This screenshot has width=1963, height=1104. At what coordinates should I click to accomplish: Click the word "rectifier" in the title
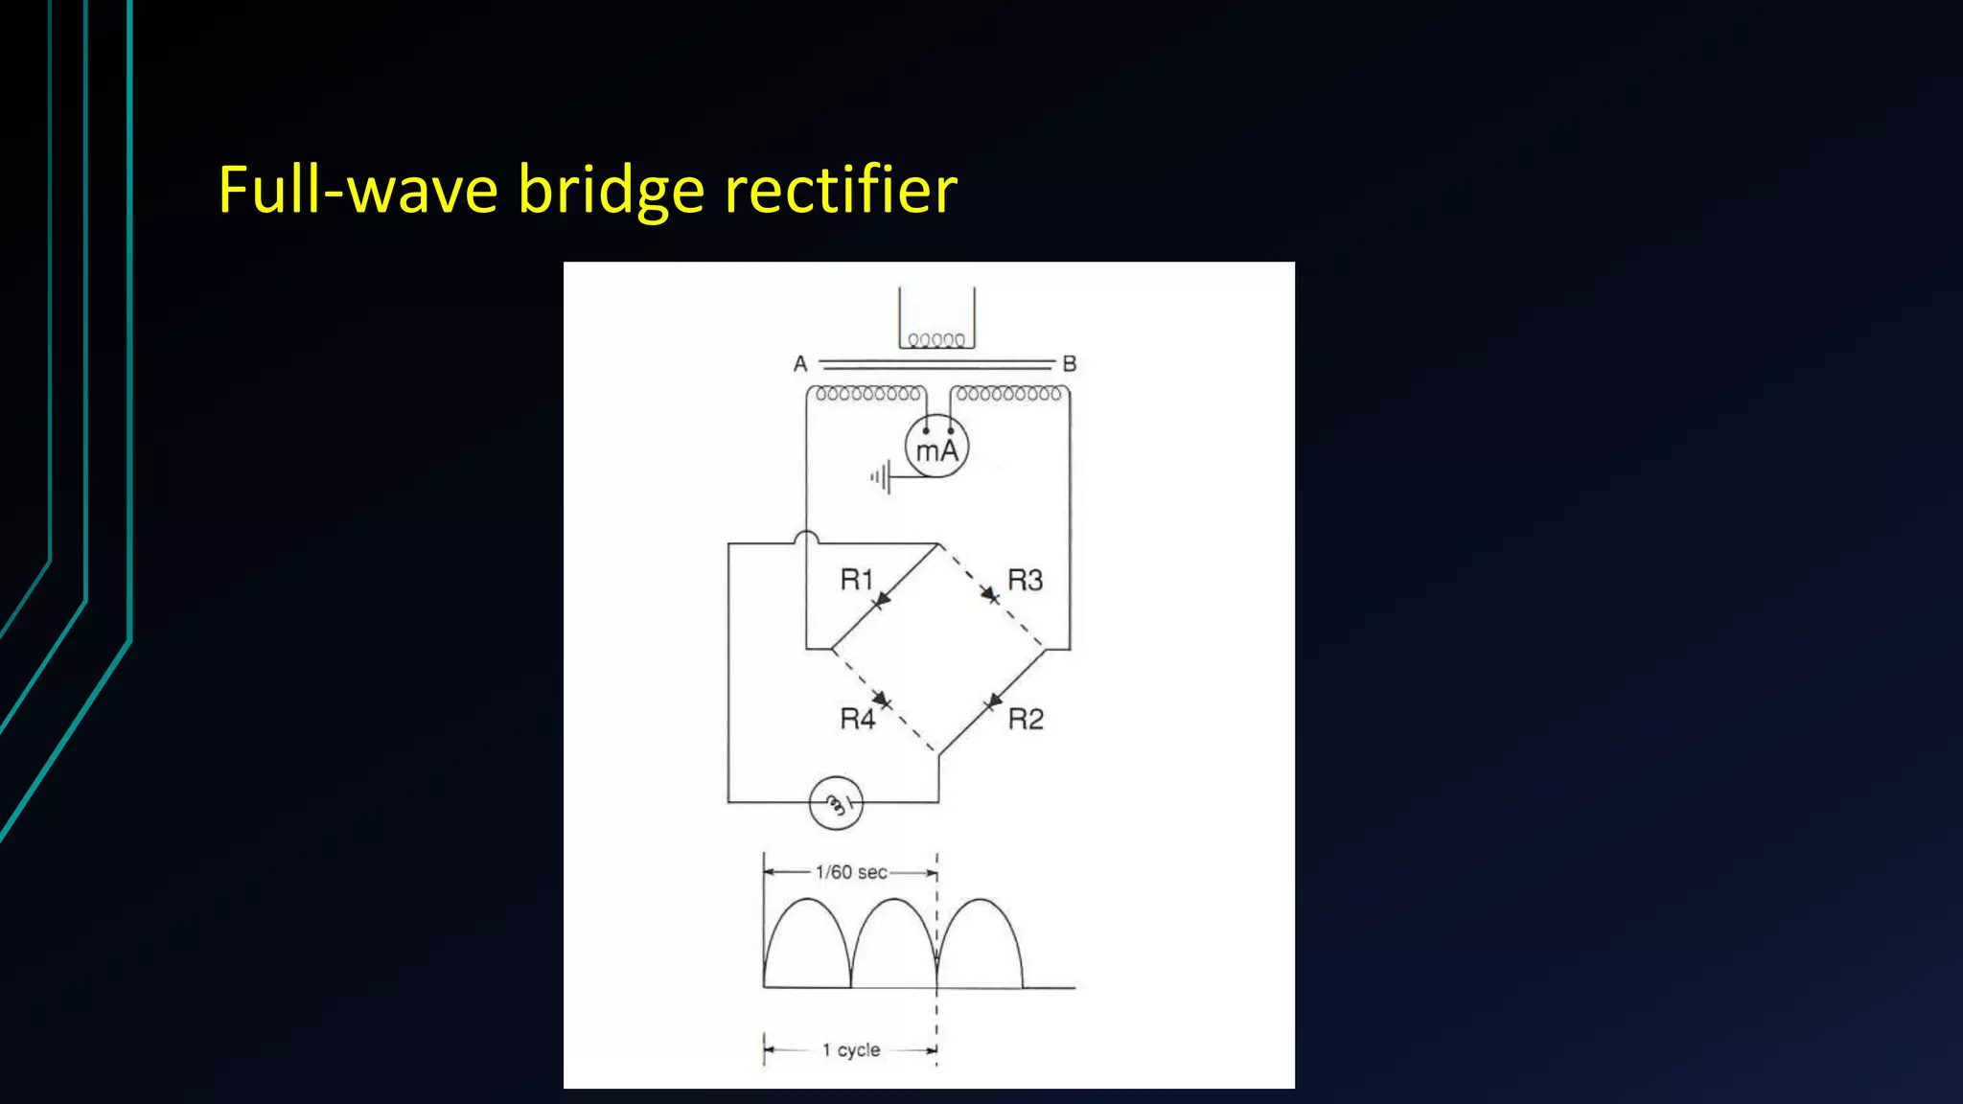coord(841,189)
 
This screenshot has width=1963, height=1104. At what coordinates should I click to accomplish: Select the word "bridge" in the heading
coord(612,189)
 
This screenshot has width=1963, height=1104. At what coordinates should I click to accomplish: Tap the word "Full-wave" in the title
coord(358,189)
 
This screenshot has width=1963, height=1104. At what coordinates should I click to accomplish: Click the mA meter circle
coord(936,447)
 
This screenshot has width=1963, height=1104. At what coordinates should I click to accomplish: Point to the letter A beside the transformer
coord(800,364)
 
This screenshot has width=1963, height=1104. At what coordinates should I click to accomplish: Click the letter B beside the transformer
coord(1070,364)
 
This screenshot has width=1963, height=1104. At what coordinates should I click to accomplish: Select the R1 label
coord(856,580)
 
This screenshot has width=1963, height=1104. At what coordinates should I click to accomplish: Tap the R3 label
coord(1025,580)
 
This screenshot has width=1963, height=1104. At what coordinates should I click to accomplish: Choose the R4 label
coord(857,719)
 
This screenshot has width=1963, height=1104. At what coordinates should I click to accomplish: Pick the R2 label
coord(1026,719)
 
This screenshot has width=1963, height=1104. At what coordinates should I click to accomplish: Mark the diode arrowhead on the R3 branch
coord(989,596)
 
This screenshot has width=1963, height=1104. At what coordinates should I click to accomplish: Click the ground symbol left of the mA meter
coord(881,476)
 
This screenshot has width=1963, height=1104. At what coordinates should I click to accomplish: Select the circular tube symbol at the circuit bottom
coord(836,803)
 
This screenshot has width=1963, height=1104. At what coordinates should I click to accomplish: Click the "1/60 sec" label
coord(851,872)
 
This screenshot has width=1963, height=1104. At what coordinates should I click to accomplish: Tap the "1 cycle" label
coord(851,1050)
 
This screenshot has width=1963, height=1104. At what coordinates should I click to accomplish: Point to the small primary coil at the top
coord(936,339)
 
